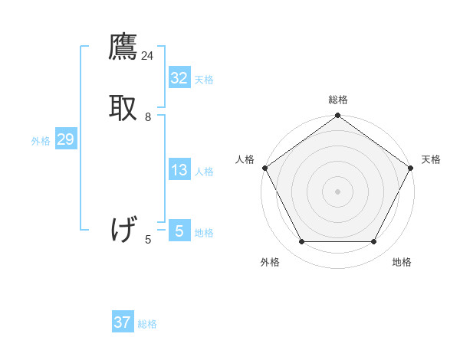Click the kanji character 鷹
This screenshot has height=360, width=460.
point(123,48)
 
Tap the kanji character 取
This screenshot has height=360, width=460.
point(123,107)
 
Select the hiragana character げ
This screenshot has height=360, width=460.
point(123,229)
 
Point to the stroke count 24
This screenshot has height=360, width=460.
point(147,56)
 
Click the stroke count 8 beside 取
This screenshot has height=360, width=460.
point(148,117)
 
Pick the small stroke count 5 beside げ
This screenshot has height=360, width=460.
point(148,240)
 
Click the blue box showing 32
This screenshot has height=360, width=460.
point(179,77)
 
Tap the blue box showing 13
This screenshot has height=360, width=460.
point(179,170)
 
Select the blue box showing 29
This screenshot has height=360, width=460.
point(65,139)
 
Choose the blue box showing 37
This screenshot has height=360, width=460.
point(123,322)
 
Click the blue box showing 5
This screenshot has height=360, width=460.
point(179,231)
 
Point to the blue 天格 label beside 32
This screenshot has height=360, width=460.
point(204,79)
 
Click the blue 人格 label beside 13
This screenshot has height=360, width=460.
point(204,172)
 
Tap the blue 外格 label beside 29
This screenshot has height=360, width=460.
point(41,141)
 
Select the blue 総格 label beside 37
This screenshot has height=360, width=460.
point(147,324)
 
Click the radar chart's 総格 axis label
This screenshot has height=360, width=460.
point(338,100)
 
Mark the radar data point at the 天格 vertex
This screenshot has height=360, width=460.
point(411,168)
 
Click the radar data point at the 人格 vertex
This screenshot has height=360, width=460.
point(264,168)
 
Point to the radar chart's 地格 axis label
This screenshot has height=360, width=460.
point(402,262)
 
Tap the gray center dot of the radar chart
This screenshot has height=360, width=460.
point(338,191)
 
